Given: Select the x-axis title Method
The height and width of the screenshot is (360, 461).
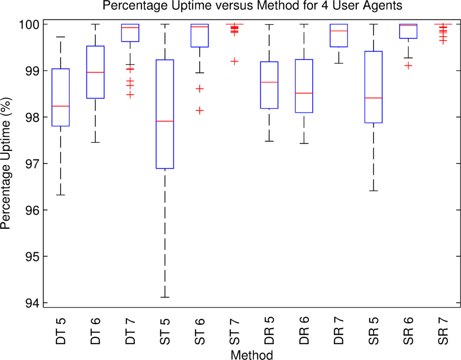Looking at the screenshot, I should [252, 355].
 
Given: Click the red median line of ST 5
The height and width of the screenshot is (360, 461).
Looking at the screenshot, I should [165, 121].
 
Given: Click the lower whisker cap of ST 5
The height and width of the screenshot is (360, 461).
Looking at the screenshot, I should [165, 298].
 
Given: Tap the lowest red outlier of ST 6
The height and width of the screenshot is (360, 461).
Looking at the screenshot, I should [199, 111].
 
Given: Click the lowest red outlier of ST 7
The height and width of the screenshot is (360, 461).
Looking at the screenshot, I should [234, 61].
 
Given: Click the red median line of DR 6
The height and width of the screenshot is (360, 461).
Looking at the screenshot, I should [303, 93].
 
